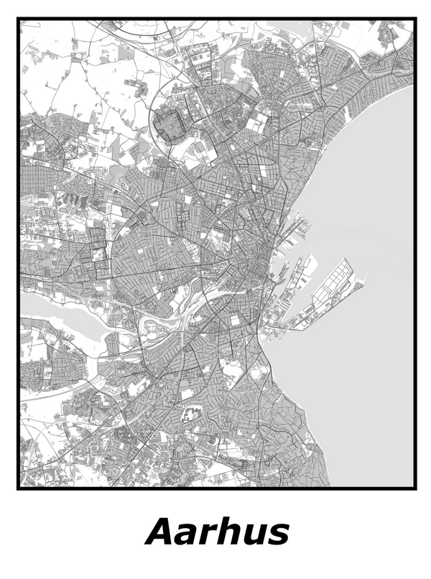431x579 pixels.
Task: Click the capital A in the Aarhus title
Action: [161, 533]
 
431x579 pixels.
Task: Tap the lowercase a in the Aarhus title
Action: [189, 536]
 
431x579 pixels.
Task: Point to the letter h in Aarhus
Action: [232, 533]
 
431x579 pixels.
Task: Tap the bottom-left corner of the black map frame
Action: [19, 488]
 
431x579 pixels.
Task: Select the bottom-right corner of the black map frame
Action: [415, 488]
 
